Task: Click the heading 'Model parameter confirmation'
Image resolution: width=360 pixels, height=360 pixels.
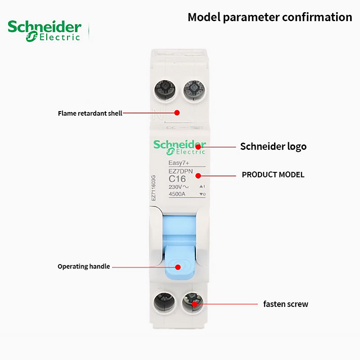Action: click(270, 17)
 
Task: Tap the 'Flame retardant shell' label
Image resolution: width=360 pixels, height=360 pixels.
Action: click(90, 113)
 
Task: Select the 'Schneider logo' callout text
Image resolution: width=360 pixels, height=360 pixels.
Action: click(273, 146)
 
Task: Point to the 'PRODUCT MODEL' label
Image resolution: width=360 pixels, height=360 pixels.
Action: click(273, 175)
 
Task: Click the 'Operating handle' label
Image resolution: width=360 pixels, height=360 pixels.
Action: click(84, 266)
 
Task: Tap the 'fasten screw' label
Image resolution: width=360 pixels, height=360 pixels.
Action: click(286, 304)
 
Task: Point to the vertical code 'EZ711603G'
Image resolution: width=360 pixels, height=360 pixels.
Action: click(153, 188)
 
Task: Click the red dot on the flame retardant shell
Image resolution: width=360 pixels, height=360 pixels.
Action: click(177, 113)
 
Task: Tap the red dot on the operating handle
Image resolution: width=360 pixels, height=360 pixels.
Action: click(177, 267)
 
